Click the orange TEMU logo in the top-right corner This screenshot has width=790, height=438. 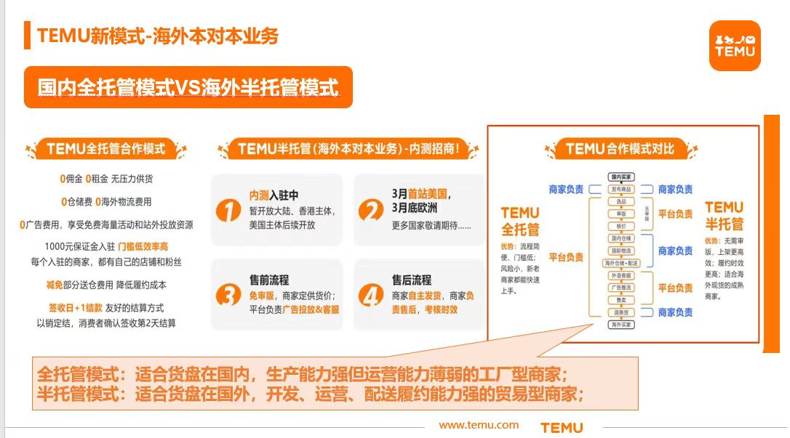(x=735, y=46)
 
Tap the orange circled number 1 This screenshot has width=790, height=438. (x=228, y=211)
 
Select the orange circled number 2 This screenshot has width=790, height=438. (x=371, y=211)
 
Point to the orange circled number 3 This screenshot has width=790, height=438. (x=228, y=295)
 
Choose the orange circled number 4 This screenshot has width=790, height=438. (x=371, y=295)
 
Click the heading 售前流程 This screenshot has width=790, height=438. (x=269, y=280)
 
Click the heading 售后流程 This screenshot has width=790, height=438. (x=412, y=280)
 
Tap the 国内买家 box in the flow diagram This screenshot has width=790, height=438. (x=621, y=177)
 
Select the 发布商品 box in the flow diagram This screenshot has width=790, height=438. (x=621, y=189)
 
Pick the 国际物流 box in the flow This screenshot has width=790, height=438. (x=621, y=250)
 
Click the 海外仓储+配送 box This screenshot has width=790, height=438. (x=621, y=262)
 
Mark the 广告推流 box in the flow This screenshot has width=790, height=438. (x=621, y=288)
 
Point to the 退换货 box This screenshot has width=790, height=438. (x=621, y=312)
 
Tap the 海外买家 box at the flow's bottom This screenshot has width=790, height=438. (x=621, y=325)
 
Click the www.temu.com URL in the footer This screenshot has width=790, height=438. (x=479, y=425)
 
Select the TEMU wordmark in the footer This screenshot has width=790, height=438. (x=562, y=428)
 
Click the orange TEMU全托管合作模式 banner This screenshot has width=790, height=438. (x=106, y=150)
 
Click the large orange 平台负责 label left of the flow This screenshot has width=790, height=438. (x=566, y=257)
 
